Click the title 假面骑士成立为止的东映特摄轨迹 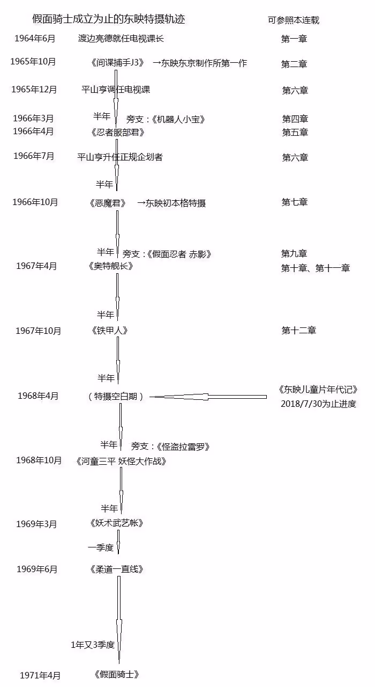tap(109, 19)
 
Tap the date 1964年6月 tap(35, 38)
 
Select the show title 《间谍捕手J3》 tap(117, 63)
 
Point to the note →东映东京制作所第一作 tap(200, 63)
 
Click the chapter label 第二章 tap(294, 64)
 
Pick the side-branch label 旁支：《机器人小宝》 tap(166, 119)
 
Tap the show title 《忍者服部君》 tap(117, 132)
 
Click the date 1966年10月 tap(35, 202)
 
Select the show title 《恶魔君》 tap(108, 203)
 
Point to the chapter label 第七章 tap(295, 202)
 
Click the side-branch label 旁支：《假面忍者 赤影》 tap(167, 254)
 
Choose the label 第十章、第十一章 tap(316, 268)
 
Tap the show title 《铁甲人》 tap(110, 330)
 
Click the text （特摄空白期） tap(116, 396)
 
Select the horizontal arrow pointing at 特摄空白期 tap(208, 397)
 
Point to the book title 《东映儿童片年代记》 tap(318, 389)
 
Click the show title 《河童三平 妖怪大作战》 tap(121, 461)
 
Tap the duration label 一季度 tap(101, 547)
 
